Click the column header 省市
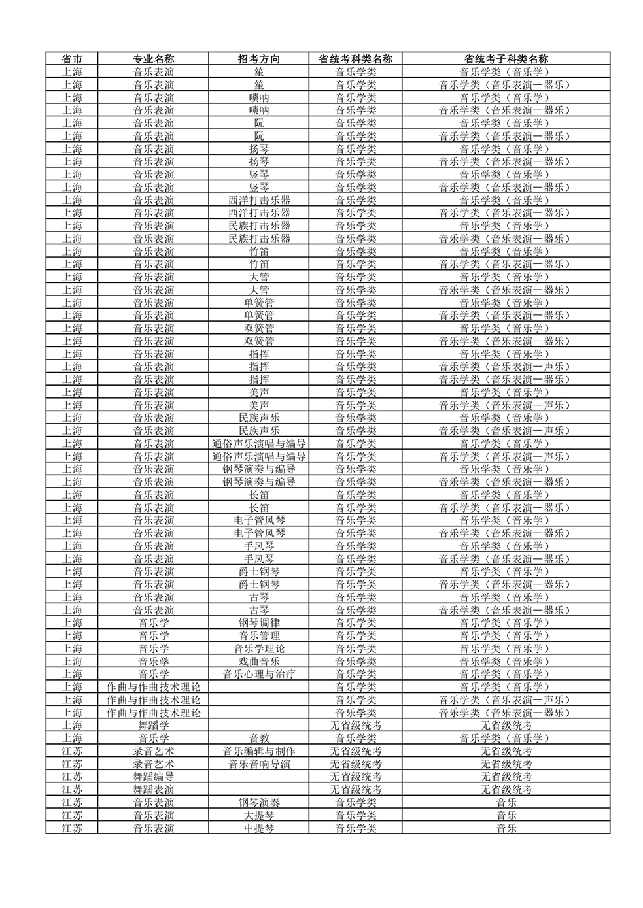point(72,59)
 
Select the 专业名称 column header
point(154,59)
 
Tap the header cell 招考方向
point(259,59)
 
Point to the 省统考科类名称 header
point(356,59)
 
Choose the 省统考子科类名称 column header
point(506,59)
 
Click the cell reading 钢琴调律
point(259,623)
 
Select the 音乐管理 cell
point(259,636)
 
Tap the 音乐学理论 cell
point(259,648)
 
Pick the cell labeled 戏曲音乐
point(259,662)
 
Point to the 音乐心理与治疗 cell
point(259,674)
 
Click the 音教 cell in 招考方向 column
point(259,738)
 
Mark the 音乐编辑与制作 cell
point(259,751)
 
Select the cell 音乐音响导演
point(259,764)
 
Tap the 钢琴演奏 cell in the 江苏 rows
point(259,802)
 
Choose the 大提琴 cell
point(259,815)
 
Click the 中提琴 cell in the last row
point(259,828)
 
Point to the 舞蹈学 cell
point(154,726)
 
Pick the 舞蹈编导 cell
point(154,777)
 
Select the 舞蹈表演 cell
point(154,790)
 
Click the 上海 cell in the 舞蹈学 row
point(72,726)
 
